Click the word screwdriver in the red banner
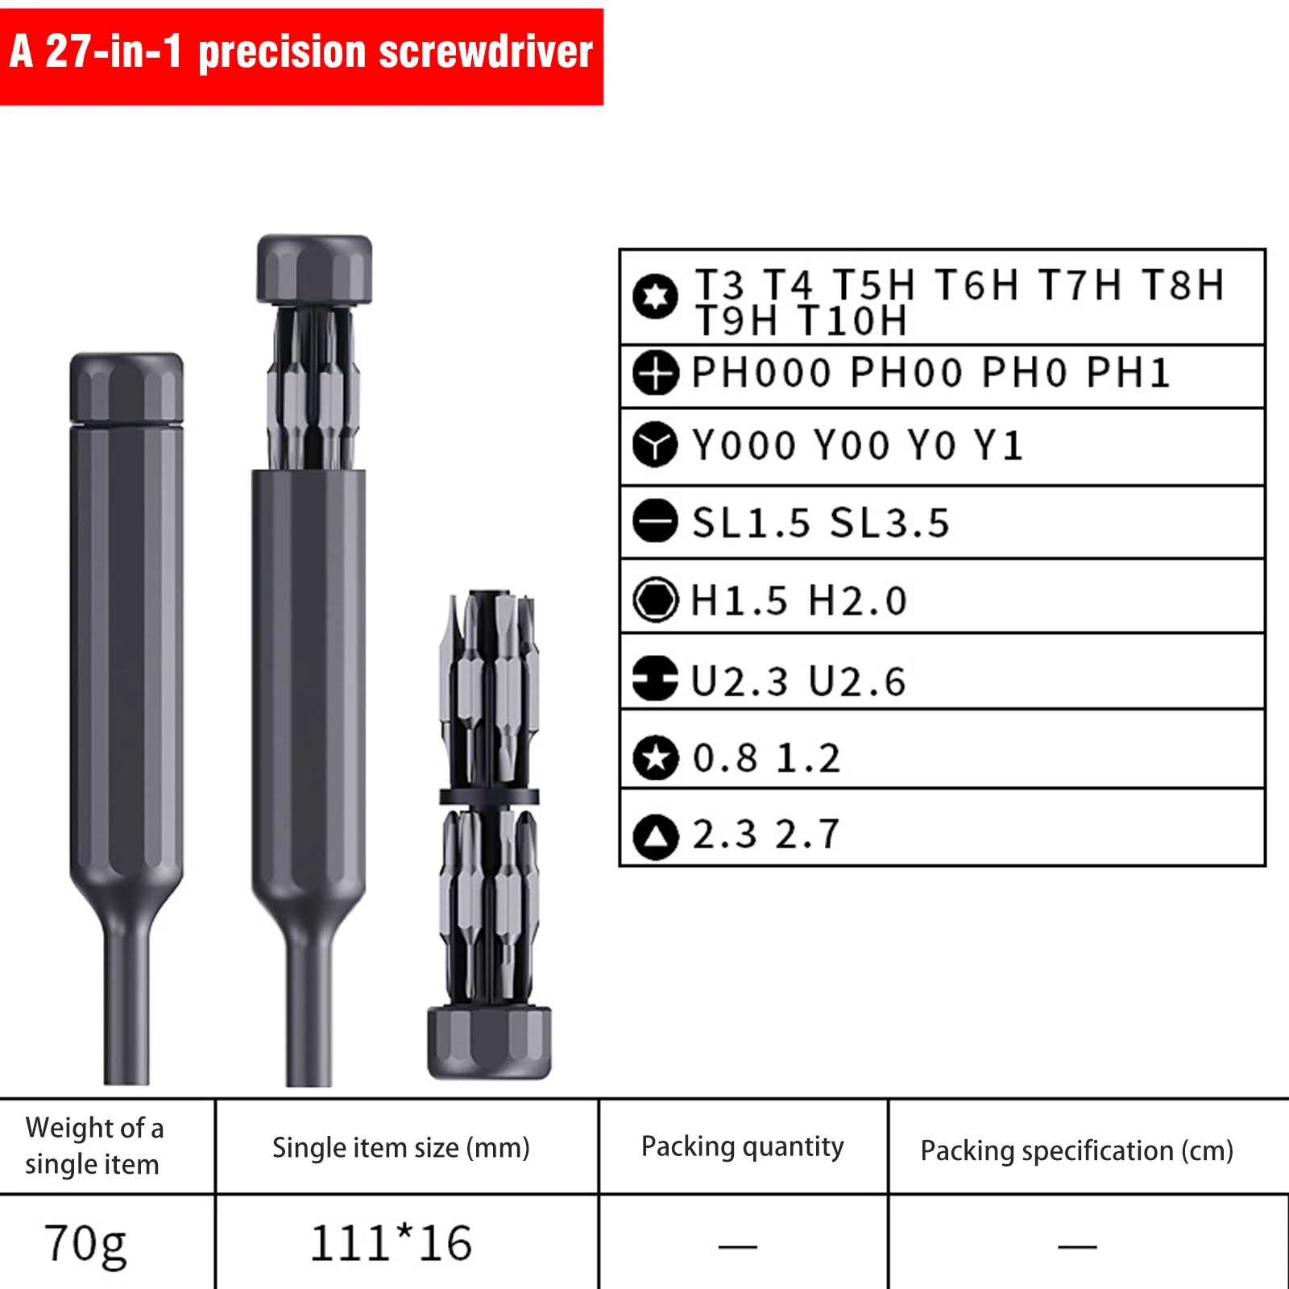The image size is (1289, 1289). point(485,52)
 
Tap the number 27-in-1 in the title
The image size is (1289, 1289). point(113,52)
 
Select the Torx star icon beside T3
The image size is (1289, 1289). point(655,296)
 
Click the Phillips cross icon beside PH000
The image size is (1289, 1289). point(655,373)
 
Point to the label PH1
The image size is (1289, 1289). point(1128,373)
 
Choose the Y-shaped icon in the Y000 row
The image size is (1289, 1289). point(655,445)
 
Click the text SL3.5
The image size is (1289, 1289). point(890,523)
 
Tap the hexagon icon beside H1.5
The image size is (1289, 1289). point(655,599)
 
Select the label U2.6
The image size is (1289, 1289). point(857,682)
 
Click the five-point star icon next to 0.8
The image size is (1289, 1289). point(655,757)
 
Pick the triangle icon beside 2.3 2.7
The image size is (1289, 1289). point(655,836)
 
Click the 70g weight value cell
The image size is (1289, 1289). point(86,1243)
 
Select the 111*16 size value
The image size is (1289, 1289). point(392,1243)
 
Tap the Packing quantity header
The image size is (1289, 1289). point(742,1146)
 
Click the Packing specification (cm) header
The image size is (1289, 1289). point(1077,1150)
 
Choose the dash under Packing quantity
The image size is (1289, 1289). point(737,1246)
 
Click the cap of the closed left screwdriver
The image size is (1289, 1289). point(126,387)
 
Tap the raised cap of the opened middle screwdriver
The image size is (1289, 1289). point(314,270)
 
